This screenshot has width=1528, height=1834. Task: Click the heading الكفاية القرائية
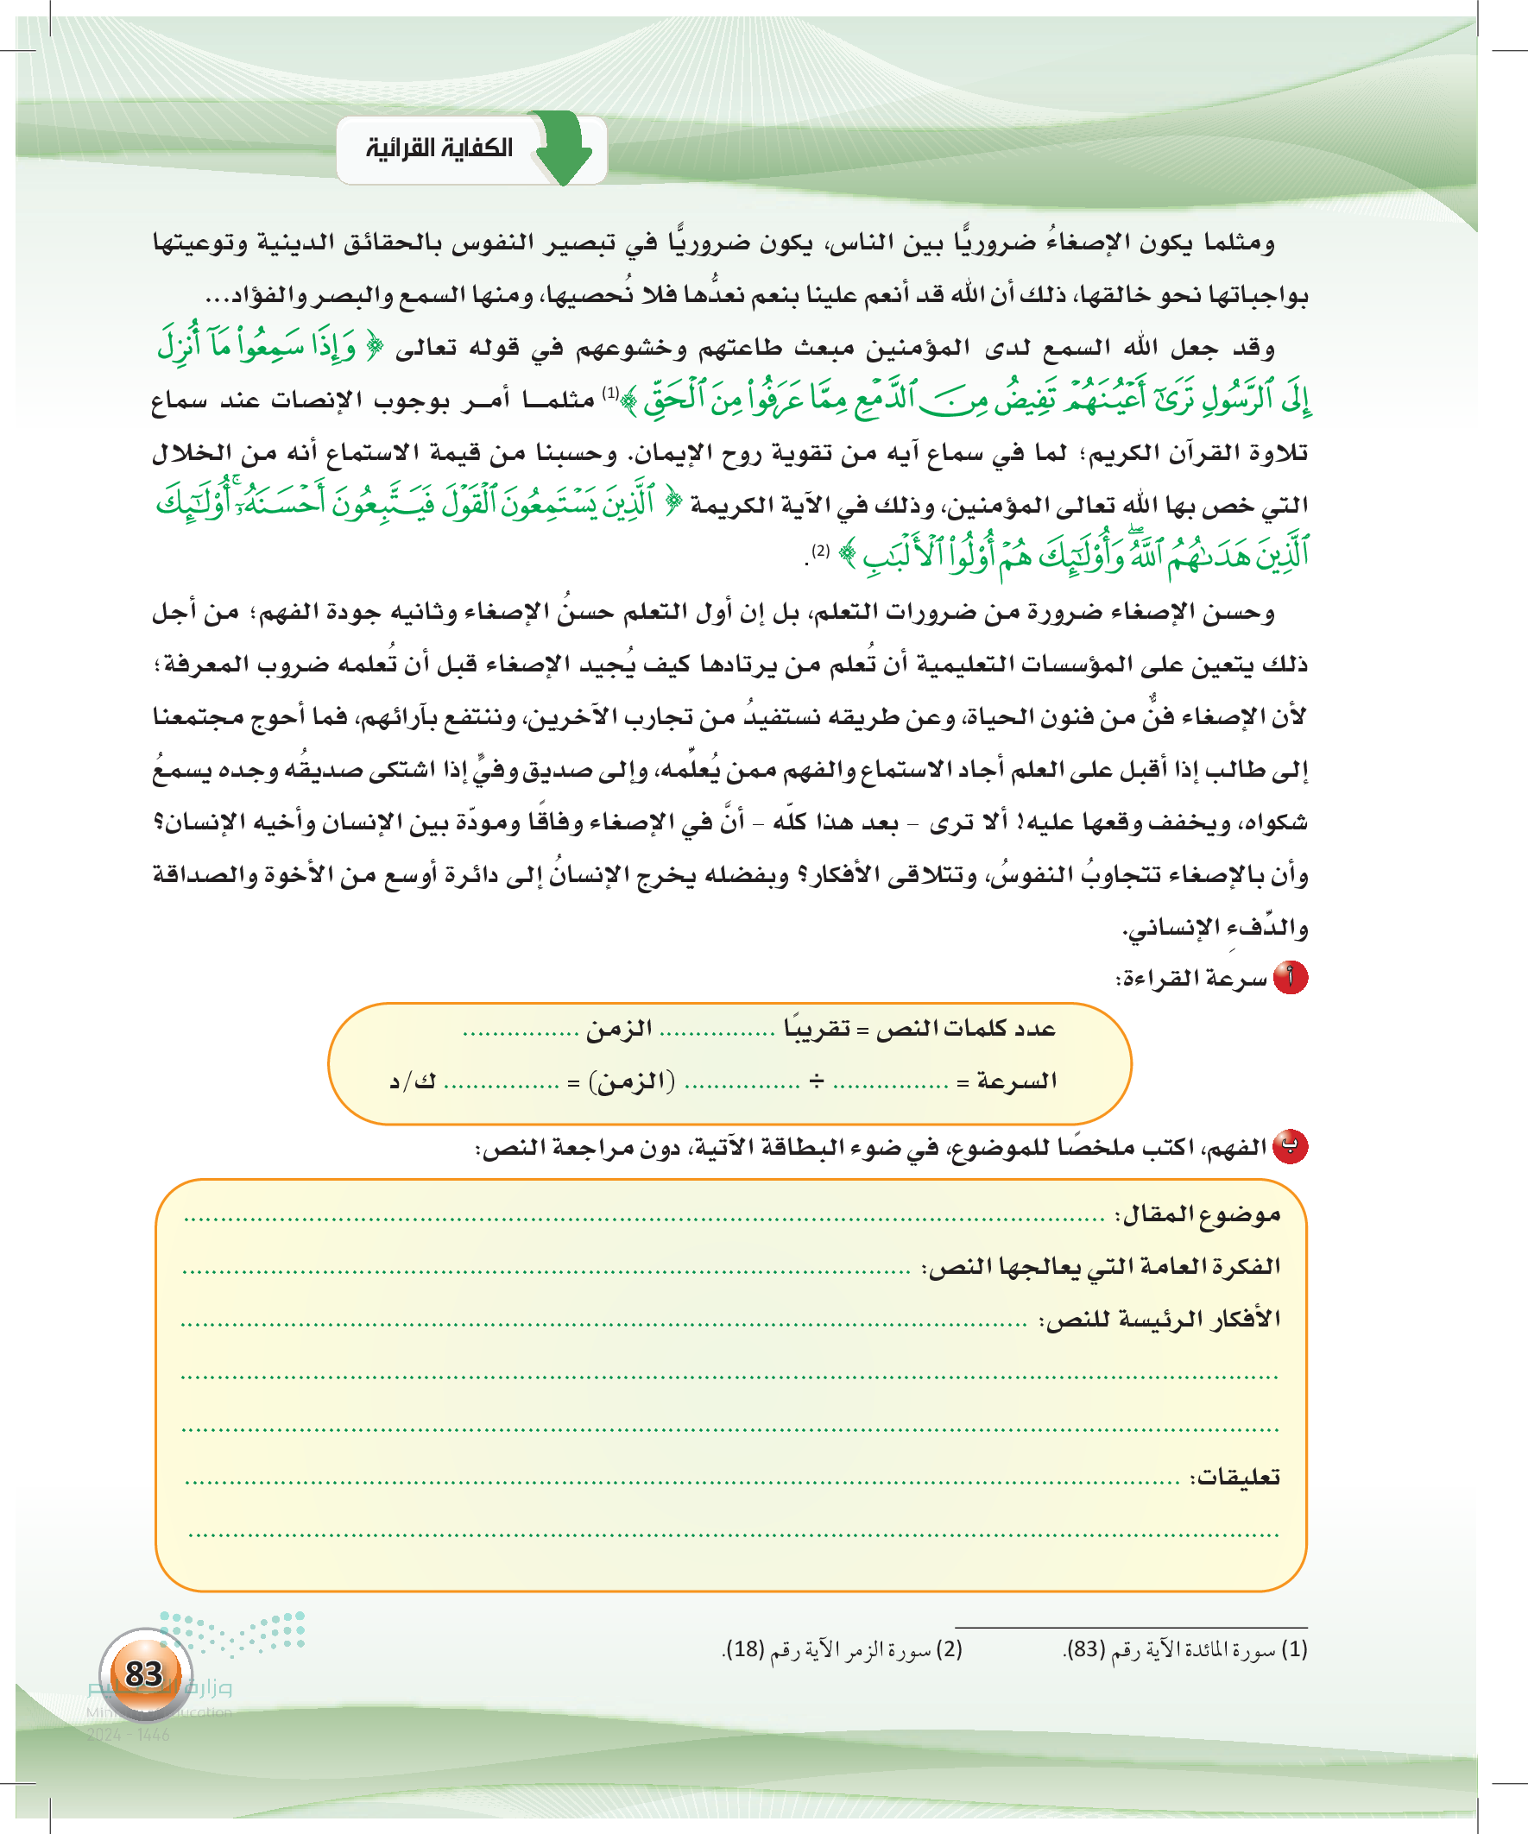[x=439, y=148]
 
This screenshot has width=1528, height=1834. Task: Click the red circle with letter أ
[x=1291, y=977]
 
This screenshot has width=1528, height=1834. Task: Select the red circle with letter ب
[x=1291, y=1147]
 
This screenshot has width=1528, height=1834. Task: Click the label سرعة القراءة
[x=1191, y=979]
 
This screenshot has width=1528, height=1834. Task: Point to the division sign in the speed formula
[x=816, y=1081]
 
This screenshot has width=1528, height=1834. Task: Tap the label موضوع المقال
[x=1197, y=1215]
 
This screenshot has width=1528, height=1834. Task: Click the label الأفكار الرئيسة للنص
[x=1160, y=1320]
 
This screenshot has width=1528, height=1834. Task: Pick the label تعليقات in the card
[x=1235, y=1477]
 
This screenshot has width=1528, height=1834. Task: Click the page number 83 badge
[x=145, y=1674]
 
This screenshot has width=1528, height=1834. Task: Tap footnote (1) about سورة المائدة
[x=1185, y=1649]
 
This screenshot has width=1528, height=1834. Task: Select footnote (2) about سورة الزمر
[x=843, y=1649]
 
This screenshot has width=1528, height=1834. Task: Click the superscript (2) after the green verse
[x=820, y=551]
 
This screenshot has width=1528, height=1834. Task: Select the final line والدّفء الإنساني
[x=1216, y=928]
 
